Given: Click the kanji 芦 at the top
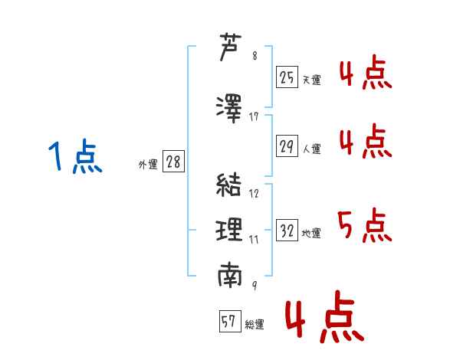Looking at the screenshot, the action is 230,47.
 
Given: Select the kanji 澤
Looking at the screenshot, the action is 229,109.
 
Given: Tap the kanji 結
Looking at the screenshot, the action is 228,185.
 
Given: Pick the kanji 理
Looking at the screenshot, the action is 229,230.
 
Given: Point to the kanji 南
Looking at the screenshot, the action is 230,275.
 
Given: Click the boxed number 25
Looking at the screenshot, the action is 287,77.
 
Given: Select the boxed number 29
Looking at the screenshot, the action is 287,146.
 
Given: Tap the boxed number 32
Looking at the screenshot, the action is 287,230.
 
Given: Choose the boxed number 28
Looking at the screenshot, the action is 173,162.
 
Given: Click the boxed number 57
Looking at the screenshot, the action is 230,321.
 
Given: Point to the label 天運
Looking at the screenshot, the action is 311,80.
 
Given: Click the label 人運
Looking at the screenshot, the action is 311,149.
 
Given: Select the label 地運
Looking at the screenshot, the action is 311,234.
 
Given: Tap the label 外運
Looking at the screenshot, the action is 148,165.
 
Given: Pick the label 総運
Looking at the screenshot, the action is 255,325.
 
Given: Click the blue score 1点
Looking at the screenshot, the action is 75,156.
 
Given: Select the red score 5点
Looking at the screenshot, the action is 365,225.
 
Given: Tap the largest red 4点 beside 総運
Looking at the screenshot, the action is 324,317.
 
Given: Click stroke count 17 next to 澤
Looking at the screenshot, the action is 254,116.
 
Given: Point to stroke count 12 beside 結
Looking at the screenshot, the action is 254,193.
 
